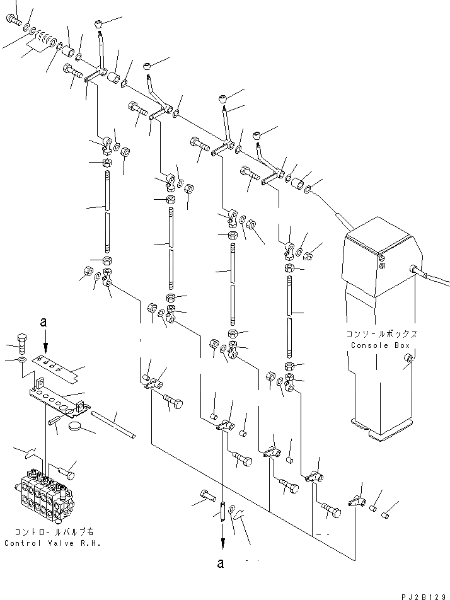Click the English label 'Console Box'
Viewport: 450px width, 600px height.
point(378,345)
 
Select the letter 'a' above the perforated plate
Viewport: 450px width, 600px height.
point(43,322)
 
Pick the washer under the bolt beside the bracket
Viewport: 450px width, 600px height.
point(23,360)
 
